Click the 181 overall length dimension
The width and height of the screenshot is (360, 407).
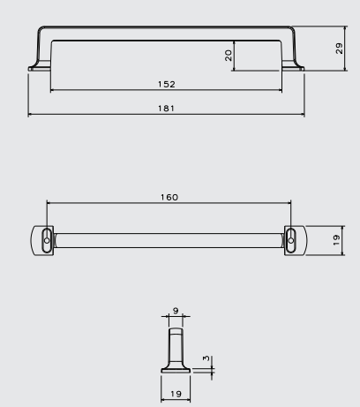coord(166,109)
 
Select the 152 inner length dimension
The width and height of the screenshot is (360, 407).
coord(167,84)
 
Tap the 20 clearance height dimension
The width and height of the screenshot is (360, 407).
coord(229,56)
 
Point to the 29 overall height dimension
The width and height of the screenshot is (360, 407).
coord(339,49)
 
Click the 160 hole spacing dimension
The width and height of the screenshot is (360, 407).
coord(169,197)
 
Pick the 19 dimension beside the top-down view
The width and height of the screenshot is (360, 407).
coord(336,240)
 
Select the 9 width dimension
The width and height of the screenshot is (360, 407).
coord(176,311)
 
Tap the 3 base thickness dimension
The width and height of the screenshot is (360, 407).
coord(206,358)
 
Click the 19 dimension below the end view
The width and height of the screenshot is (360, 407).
coord(176,394)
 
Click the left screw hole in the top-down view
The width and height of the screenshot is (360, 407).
coord(47,240)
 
